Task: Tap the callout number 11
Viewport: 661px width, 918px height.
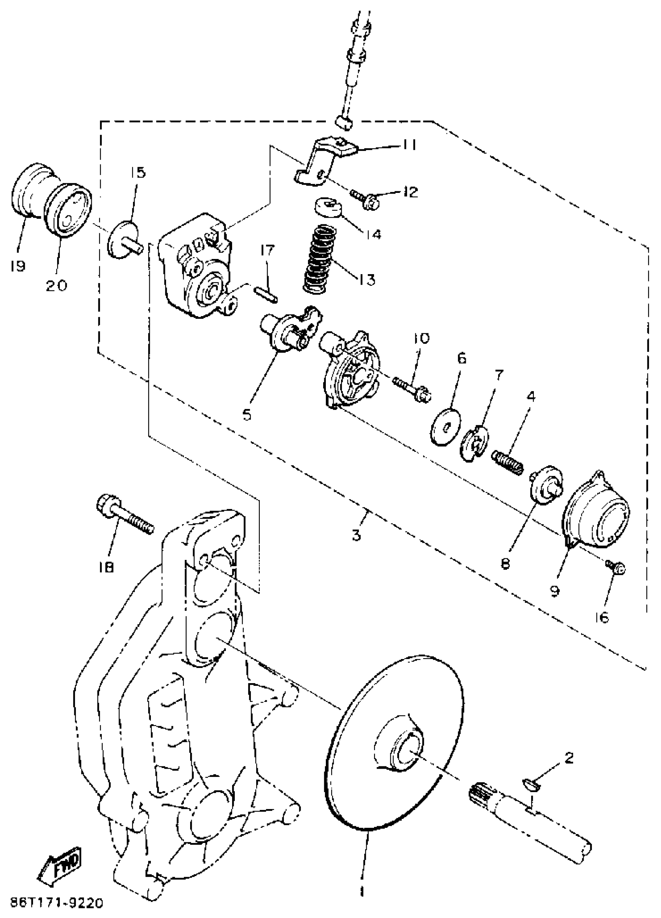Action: [410, 145]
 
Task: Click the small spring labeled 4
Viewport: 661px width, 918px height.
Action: [507, 462]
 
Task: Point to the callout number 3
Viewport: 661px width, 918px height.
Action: [356, 535]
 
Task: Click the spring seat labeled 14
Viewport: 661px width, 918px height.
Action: [328, 207]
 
